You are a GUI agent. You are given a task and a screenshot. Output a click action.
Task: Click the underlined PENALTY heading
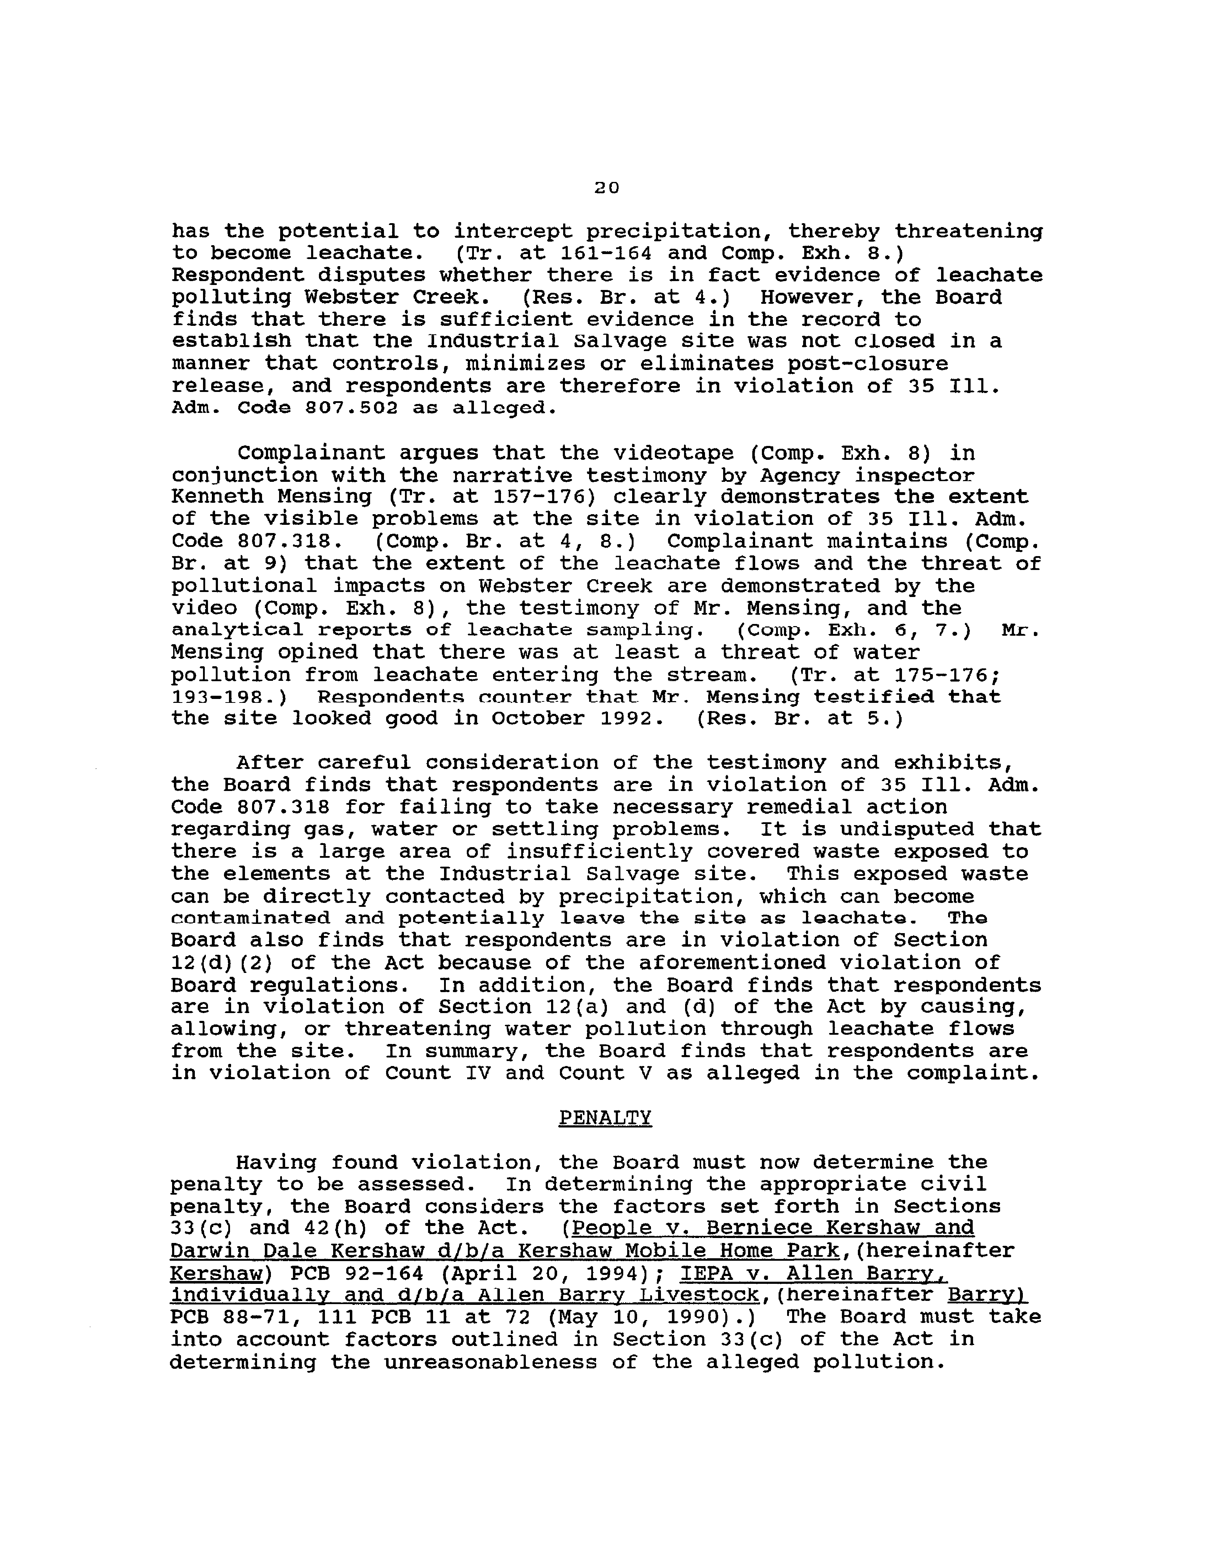[x=605, y=1118]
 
